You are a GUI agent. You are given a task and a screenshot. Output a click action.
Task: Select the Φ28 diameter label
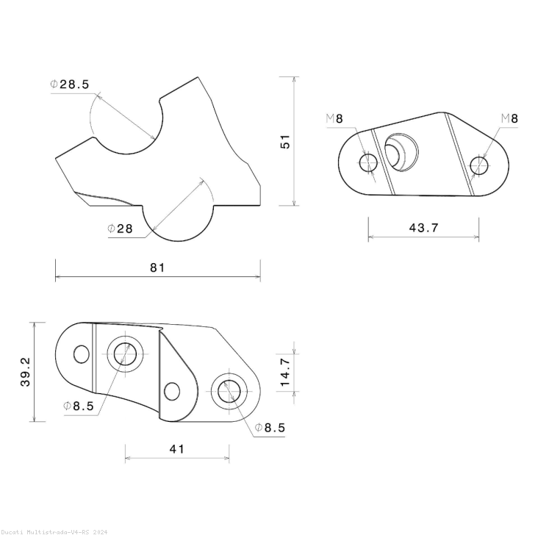tap(120, 229)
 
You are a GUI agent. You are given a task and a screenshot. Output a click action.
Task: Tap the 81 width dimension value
tap(157, 268)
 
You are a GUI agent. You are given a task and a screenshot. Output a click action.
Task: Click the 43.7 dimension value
tap(423, 228)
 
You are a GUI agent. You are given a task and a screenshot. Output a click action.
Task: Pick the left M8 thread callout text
tap(334, 118)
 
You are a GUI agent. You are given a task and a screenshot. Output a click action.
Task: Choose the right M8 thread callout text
tap(509, 118)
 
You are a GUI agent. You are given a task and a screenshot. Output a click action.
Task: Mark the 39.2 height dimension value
tap(26, 372)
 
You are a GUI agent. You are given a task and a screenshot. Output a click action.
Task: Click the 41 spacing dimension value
tap(176, 448)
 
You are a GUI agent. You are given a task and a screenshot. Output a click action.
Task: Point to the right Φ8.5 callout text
tap(270, 427)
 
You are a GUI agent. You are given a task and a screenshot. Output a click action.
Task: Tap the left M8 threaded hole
tap(368, 162)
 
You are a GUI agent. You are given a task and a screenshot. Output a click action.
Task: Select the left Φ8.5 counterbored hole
tap(126, 354)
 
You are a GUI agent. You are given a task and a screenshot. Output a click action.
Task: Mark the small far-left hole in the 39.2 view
tap(82, 354)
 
